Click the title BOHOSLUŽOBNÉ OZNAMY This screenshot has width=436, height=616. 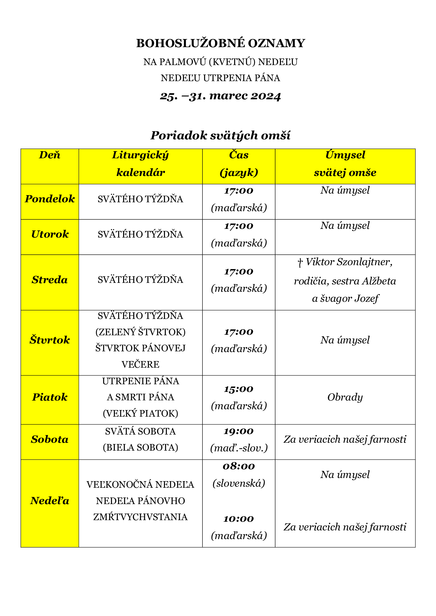pyautogui.click(x=220, y=43)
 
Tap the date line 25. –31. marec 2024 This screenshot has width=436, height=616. pyautogui.click(x=220, y=96)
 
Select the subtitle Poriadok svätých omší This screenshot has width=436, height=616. pyautogui.click(x=220, y=135)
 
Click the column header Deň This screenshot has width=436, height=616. pyautogui.click(x=50, y=155)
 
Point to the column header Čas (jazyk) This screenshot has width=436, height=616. pyautogui.click(x=239, y=164)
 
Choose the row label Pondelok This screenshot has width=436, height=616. pyautogui.click(x=50, y=199)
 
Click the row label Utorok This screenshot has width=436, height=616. pyautogui.click(x=50, y=234)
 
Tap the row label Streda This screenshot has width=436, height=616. pyautogui.click(x=50, y=280)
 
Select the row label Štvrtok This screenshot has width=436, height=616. pyautogui.click(x=50, y=340)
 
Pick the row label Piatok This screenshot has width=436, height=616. pyautogui.click(x=50, y=397)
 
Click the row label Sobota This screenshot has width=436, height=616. pyautogui.click(x=50, y=439)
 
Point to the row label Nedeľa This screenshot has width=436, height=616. pyautogui.click(x=50, y=501)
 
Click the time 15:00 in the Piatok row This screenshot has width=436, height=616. pyautogui.click(x=239, y=389)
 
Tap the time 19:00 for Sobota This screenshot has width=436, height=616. pyautogui.click(x=239, y=431)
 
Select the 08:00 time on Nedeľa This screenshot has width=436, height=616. pyautogui.click(x=239, y=466)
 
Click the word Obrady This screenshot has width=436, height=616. pyautogui.click(x=345, y=397)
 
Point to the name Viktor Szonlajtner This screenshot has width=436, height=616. pyautogui.click(x=349, y=262)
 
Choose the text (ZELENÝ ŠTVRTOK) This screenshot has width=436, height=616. pyautogui.click(x=141, y=332)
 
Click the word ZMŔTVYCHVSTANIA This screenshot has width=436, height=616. pyautogui.click(x=141, y=517)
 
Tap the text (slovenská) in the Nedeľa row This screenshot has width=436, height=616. pyautogui.click(x=239, y=483)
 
